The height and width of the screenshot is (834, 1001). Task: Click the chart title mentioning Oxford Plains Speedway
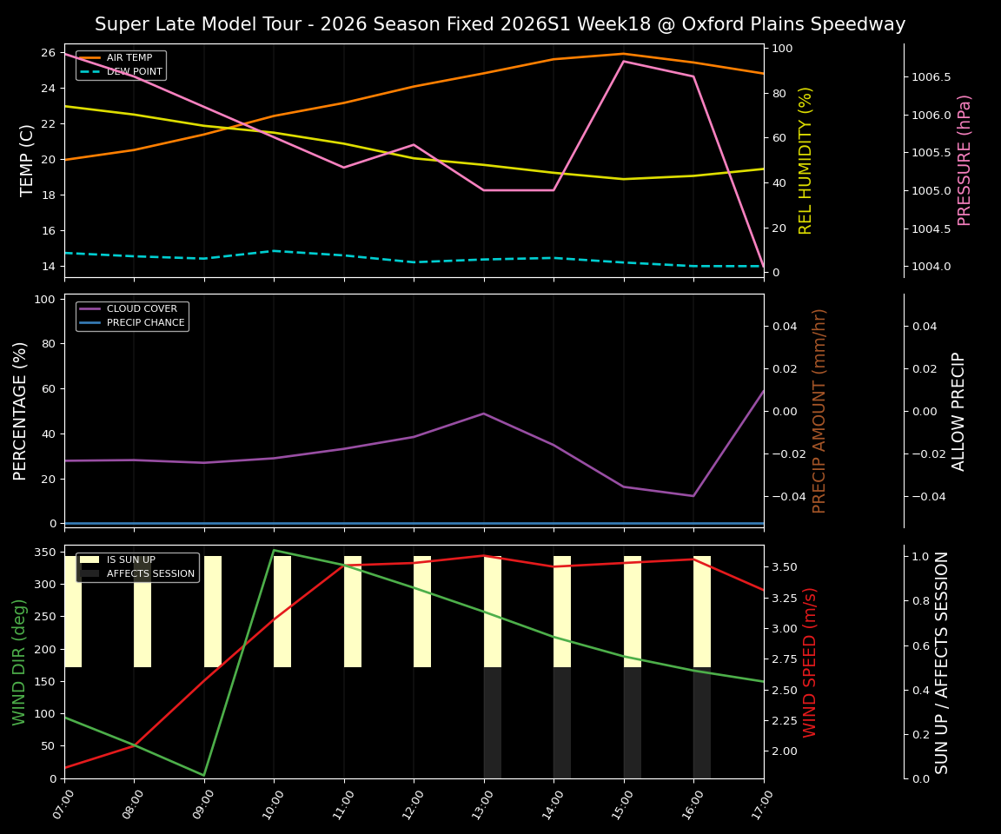tap(500, 24)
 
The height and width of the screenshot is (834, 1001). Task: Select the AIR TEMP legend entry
tap(129, 58)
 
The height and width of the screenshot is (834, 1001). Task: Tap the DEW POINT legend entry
tap(134, 71)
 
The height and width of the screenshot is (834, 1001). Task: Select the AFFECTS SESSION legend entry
tap(150, 573)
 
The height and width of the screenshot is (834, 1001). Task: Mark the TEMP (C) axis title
tap(28, 160)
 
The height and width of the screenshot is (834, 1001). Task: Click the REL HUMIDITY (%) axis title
tap(805, 160)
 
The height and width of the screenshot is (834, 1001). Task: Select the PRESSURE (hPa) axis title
tap(965, 160)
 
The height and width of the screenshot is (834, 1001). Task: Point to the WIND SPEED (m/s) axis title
tap(810, 662)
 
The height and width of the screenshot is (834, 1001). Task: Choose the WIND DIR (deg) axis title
tap(19, 662)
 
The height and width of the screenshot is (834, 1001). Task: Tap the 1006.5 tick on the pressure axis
tap(931, 77)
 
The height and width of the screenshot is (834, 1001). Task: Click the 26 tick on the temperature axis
tap(48, 53)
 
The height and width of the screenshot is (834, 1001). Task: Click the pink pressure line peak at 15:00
tap(623, 61)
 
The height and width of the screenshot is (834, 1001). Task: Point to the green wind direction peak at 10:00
tap(274, 550)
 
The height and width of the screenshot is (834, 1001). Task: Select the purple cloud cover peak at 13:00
tap(484, 414)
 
